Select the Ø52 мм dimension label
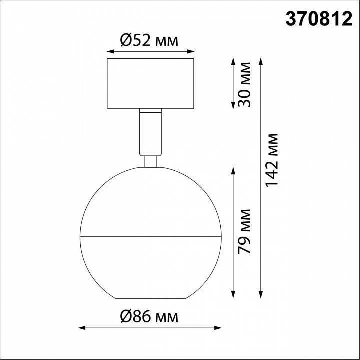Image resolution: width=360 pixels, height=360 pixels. pyautogui.click(x=150, y=40)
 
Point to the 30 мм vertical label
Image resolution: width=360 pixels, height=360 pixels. pyautogui.click(x=244, y=84)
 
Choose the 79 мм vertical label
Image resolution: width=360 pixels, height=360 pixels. pyautogui.click(x=244, y=238)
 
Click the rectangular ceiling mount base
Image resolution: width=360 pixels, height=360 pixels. pyautogui.click(x=150, y=83)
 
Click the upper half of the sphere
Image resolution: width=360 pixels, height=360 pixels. pyautogui.click(x=150, y=200)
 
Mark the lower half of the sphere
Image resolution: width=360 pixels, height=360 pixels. pyautogui.click(x=150, y=265)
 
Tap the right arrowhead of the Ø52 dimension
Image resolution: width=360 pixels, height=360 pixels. pyautogui.click(x=191, y=51)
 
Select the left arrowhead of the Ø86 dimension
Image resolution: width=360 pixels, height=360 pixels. pyautogui.click(x=83, y=328)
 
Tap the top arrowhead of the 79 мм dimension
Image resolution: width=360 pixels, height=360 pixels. pyautogui.click(x=233, y=170)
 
